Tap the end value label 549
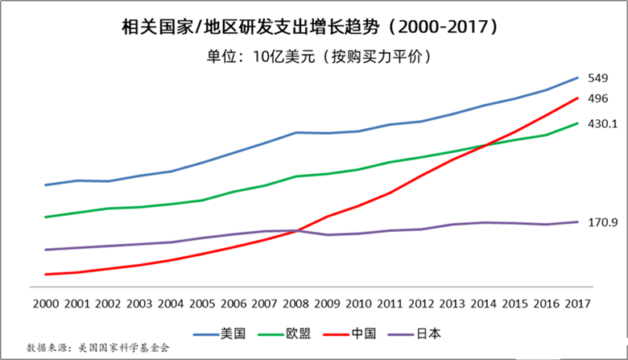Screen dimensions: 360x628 point(597,78)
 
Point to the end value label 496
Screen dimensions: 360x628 point(597,99)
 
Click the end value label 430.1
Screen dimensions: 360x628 point(602,124)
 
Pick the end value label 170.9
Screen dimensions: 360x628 point(602,222)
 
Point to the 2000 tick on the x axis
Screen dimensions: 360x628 point(45,304)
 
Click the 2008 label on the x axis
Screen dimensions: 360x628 point(296,304)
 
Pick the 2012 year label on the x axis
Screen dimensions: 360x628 point(421,304)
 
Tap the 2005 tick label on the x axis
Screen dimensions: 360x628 point(202,304)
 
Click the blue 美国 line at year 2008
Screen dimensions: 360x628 point(296,132)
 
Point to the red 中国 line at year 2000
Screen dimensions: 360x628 point(45,275)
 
